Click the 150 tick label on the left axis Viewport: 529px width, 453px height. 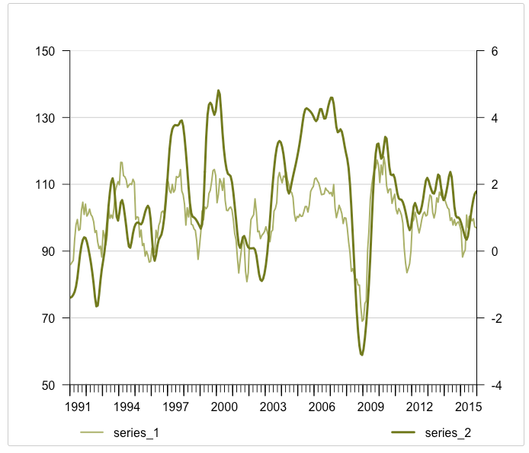tap(47, 51)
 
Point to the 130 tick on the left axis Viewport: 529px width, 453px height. tap(47, 118)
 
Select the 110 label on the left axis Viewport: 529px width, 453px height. tap(47, 184)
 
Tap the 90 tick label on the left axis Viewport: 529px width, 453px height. tap(50, 251)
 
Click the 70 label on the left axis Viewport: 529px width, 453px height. tap(50, 318)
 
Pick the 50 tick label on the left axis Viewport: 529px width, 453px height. tap(50, 385)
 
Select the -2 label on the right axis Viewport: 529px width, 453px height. tap(492, 318)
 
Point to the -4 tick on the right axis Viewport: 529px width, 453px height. tap(492, 385)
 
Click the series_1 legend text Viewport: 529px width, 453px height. tap(136, 433)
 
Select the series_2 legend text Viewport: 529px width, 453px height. tap(447, 433)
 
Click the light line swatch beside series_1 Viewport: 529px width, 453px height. tap(91, 433)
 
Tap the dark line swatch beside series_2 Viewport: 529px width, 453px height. tap(403, 433)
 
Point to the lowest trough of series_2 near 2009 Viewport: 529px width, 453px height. tap(361, 355)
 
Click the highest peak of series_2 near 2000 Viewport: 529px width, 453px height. tap(218, 90)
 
